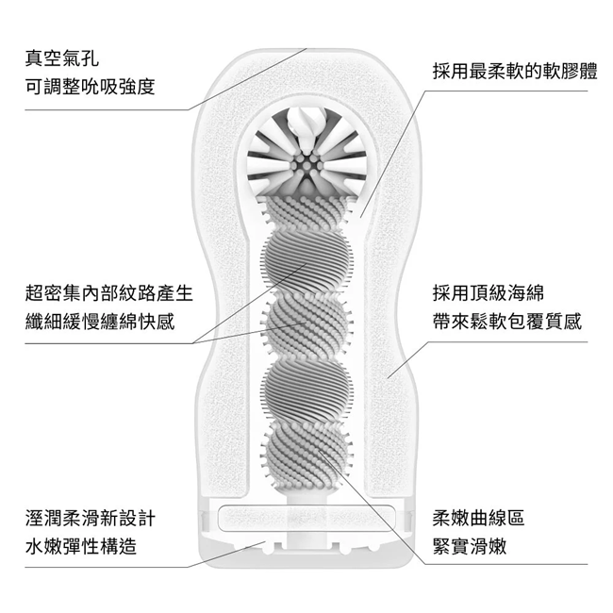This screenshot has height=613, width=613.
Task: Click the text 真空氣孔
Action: pyautogui.click(x=61, y=58)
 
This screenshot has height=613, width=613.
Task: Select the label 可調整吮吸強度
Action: pyautogui.click(x=90, y=87)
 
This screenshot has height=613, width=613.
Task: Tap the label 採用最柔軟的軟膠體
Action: pyautogui.click(x=515, y=72)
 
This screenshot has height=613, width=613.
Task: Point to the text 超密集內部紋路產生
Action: pyautogui.click(x=109, y=293)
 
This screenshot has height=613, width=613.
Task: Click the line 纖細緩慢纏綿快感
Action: pyautogui.click(x=100, y=322)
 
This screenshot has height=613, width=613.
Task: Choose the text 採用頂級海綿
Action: pyautogui.click(x=488, y=293)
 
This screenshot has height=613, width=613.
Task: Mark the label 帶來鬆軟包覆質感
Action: pyautogui.click(x=507, y=322)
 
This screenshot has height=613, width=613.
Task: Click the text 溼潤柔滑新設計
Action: pyautogui.click(x=91, y=519)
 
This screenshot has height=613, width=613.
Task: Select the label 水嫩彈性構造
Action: pyautogui.click(x=81, y=546)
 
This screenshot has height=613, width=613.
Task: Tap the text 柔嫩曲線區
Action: pyautogui.click(x=478, y=519)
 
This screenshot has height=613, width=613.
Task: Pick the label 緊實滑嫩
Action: pyautogui.click(x=469, y=546)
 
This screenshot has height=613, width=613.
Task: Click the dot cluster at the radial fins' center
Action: pyautogui.click(x=306, y=165)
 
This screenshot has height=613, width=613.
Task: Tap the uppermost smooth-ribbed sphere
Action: pyautogui.click(x=306, y=260)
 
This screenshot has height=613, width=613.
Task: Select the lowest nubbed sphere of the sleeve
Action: pyautogui.click(x=306, y=454)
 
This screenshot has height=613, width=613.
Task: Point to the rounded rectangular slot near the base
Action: pyautogui.click(x=306, y=518)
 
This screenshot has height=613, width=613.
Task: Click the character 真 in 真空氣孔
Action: pyautogui.click(x=34, y=58)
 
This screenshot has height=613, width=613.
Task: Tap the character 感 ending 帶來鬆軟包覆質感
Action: pyautogui.click(x=572, y=322)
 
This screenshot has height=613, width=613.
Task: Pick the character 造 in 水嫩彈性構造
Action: pyautogui.click(x=128, y=546)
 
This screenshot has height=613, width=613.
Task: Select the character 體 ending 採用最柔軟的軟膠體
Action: pyautogui.click(x=588, y=72)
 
